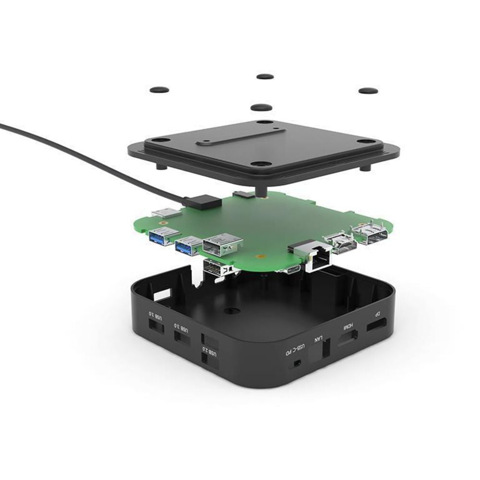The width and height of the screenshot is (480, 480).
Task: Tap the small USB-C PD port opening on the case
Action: pyautogui.click(x=297, y=363)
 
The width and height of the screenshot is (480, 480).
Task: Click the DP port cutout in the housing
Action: pyautogui.click(x=378, y=328)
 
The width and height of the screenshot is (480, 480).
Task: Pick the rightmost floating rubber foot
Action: pyautogui.click(x=368, y=91)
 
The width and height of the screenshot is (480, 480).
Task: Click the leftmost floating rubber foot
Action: pyautogui.click(x=159, y=90)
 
